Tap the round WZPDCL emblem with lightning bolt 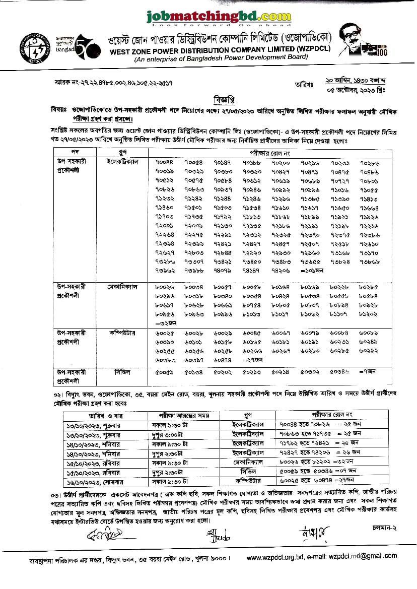pyautogui.click(x=31, y=46)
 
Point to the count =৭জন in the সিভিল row pyautogui.click(x=372, y=371)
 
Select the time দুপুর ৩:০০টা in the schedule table pyautogui.click(x=170, y=434)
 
